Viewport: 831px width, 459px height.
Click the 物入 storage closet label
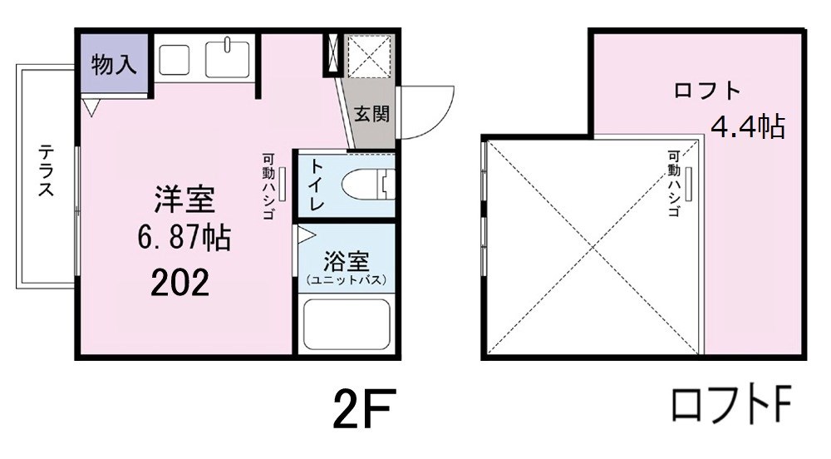113,66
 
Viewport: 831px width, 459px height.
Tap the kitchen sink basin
228,58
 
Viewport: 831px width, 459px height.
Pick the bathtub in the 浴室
347,324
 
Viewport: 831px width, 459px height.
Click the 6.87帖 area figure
184,239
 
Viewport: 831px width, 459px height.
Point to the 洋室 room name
184,200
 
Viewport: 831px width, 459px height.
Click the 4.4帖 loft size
747,127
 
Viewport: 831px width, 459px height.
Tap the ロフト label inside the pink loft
707,91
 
